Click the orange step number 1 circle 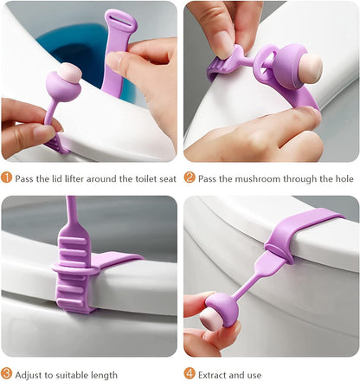point(7,179)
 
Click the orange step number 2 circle point(190,179)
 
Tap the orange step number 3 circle point(7,373)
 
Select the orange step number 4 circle point(190,373)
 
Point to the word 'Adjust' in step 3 point(33,373)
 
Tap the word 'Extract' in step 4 point(217,373)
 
